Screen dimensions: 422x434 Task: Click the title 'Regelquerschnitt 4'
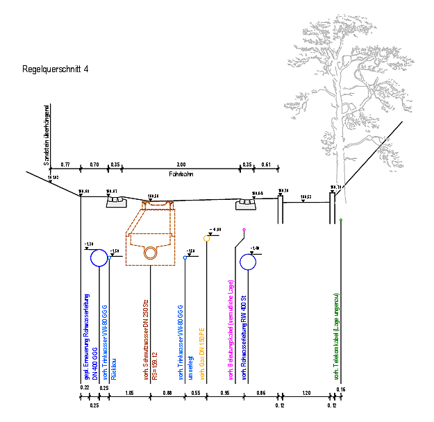[x=56, y=69]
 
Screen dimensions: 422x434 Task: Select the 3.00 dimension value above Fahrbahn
[x=181, y=164]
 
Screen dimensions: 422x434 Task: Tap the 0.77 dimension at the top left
[x=65, y=164]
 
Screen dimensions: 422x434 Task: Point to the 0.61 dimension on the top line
[x=266, y=164]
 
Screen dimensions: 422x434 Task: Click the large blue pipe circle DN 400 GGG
[x=99, y=258]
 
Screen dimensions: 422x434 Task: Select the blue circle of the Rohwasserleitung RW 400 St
[x=249, y=262]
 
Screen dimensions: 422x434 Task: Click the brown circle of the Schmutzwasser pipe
[x=150, y=253]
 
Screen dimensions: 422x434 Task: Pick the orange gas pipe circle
[x=207, y=239]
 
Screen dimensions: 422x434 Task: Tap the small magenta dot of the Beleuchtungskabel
[x=244, y=229]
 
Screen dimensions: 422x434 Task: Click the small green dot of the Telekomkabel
[x=341, y=221]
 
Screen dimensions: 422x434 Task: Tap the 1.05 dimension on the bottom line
[x=129, y=394]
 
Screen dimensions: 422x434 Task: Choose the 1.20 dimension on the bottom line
[x=306, y=394]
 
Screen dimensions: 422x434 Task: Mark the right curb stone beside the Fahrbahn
[x=244, y=203]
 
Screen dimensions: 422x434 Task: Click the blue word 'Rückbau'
[x=114, y=369]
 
